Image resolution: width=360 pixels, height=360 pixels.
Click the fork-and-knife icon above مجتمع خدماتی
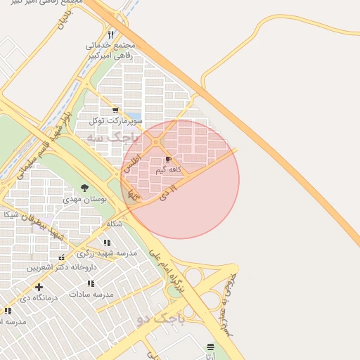coord(111,34)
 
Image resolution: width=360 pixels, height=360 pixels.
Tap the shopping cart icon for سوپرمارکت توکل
coord(115,110)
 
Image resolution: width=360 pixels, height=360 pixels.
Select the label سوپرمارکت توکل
coord(115,121)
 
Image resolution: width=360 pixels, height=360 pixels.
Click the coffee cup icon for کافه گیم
coord(168,160)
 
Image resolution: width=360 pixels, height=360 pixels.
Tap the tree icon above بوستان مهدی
coord(85,188)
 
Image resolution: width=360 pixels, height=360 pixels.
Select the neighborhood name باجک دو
coord(161,320)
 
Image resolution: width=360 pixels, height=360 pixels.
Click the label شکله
coord(115,224)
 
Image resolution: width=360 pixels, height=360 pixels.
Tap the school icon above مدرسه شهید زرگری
coord(107,243)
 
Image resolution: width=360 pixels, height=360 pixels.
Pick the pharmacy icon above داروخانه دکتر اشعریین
coord(62,257)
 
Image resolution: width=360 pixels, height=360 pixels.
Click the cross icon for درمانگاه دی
coord(39,286)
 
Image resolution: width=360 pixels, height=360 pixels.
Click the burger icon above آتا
coord(211,347)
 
